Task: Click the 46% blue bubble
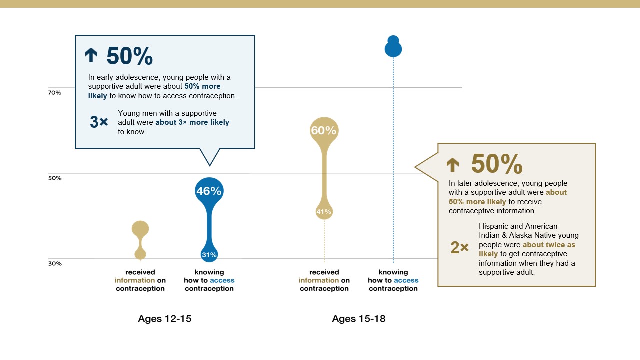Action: point(209,191)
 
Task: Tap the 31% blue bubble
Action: point(209,254)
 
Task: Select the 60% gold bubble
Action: point(324,131)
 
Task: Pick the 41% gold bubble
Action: point(324,211)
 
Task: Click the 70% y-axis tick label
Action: point(55,93)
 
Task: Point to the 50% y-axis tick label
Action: point(55,178)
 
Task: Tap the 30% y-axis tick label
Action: point(55,263)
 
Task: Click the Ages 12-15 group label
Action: point(165,319)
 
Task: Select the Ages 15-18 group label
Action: point(359,319)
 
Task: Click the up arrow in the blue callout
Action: point(91,55)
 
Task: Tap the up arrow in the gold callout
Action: point(453,165)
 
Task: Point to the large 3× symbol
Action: point(99,122)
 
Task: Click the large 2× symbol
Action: point(459,247)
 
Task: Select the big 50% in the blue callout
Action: point(130,56)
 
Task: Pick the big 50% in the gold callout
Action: point(497,164)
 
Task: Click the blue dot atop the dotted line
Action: point(393,46)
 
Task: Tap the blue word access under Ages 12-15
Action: point(222,280)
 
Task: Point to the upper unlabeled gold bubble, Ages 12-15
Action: point(140,229)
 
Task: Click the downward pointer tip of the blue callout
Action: point(210,166)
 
